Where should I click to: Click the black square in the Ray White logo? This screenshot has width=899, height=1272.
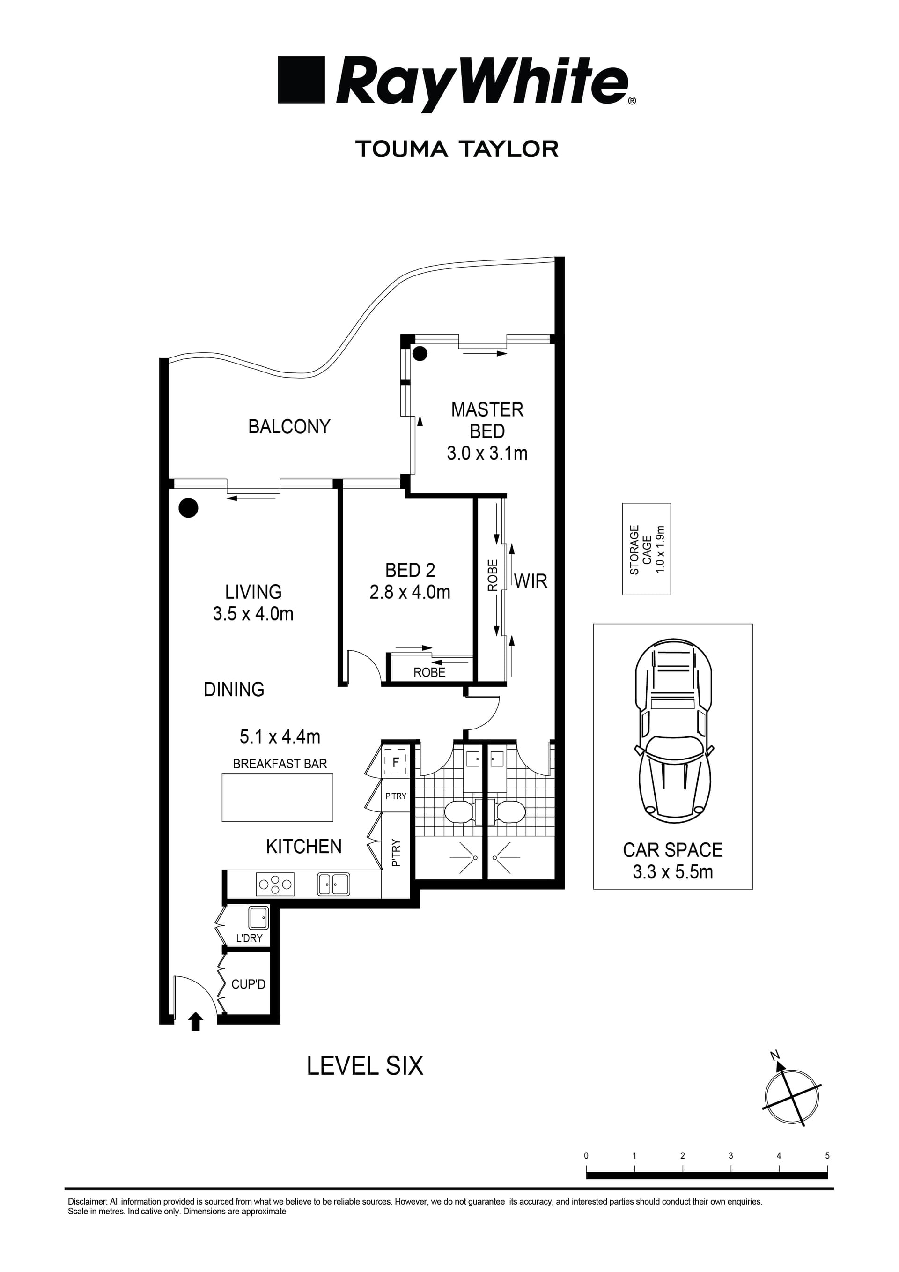301,79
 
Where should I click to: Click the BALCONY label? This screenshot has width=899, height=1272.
289,427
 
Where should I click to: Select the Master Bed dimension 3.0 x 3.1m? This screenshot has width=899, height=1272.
486,453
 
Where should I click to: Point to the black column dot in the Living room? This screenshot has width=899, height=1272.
188,507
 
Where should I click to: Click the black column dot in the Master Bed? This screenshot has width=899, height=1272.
420,353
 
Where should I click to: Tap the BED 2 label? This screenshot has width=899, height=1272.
410,570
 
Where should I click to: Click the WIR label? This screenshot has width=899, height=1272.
531,581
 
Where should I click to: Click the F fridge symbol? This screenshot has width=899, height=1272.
395,763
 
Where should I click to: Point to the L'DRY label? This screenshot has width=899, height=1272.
249,938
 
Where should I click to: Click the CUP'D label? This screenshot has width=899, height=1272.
248,984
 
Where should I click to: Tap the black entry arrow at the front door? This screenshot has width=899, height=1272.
195,1021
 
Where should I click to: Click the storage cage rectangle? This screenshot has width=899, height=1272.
646,549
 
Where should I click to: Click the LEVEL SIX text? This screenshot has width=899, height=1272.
365,1066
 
